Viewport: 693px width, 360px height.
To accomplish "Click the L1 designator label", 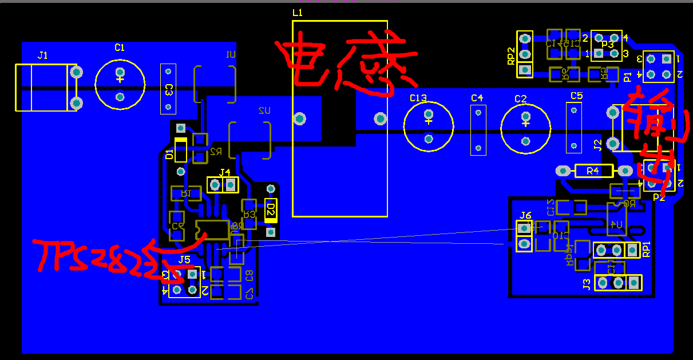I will pos(298,13).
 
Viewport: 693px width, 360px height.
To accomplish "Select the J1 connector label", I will pos(43,56).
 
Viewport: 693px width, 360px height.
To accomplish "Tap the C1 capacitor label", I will pos(119,48).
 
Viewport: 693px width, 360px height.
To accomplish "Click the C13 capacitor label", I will pos(418,98).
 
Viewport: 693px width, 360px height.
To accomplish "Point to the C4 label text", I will pos(477,98).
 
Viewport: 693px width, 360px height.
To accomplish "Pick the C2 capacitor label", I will pos(520,99).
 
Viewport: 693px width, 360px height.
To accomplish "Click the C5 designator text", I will pos(576,96).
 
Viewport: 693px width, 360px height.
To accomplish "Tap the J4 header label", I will pos(225,172).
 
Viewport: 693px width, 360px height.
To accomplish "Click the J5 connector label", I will pos(184,260).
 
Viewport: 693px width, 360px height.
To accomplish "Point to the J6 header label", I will pos(525,216).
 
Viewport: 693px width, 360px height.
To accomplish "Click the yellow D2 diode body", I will pos(271,210).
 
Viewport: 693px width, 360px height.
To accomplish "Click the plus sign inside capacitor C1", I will pos(120,80).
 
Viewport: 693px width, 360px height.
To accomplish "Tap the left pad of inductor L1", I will pos(299,118).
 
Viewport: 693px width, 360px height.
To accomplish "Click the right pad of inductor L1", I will pos(381,118).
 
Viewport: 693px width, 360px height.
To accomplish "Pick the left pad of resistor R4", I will pos(563,171).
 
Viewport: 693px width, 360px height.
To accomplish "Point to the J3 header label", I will pos(587,283).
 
